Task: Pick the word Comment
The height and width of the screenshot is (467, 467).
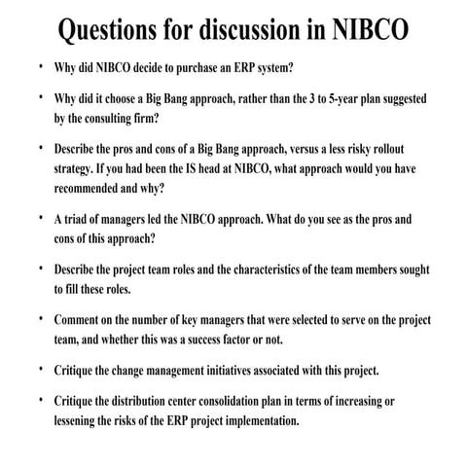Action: (x=82, y=320)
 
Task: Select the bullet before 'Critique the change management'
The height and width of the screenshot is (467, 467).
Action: (x=39, y=370)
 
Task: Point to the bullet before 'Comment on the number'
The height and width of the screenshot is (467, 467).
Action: (x=39, y=319)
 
